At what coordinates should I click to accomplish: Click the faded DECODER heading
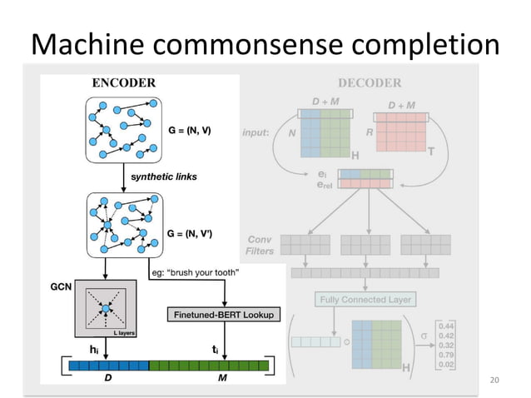pyautogui.click(x=370, y=82)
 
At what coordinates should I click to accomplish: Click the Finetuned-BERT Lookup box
pyautogui.click(x=225, y=315)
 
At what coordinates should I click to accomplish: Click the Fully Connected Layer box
pyautogui.click(x=365, y=298)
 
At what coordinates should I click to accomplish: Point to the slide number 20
pyautogui.click(x=496, y=381)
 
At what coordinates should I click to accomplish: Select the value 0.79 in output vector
pyautogui.click(x=447, y=353)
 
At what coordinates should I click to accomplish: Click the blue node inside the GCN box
pyautogui.click(x=106, y=309)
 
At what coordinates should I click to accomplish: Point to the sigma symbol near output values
pyautogui.click(x=424, y=336)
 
